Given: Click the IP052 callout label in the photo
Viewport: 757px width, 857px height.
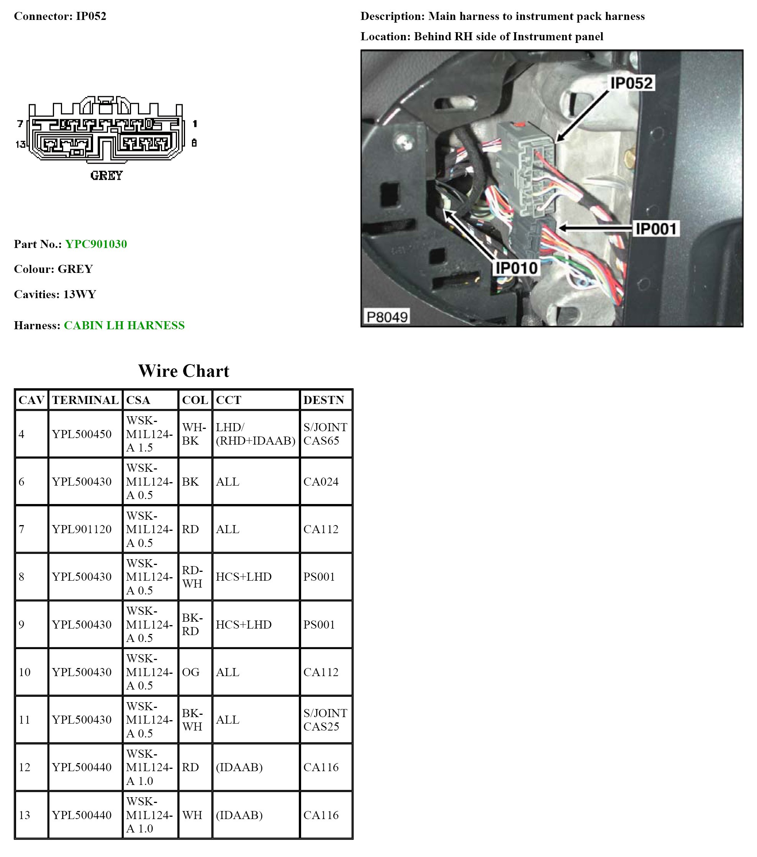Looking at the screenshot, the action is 631,83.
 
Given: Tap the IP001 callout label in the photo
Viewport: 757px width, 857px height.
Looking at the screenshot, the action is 656,229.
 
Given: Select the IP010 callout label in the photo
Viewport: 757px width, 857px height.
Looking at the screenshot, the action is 516,268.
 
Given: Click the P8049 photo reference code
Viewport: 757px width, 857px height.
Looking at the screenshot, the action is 387,317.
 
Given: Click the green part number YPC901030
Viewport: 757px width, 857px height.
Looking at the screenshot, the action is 96,244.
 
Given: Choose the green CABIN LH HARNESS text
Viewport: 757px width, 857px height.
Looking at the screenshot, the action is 124,325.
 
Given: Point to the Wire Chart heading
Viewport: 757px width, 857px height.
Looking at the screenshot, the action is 184,371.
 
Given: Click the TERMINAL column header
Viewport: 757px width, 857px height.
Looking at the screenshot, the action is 85,400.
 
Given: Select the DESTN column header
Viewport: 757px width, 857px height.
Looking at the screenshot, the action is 324,400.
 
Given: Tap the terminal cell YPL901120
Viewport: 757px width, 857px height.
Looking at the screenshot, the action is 82,529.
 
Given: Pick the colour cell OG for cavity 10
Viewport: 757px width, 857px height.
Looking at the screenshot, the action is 191,672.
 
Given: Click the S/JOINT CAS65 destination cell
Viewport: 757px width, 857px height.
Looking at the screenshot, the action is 325,434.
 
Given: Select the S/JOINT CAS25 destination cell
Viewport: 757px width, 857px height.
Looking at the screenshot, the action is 325,720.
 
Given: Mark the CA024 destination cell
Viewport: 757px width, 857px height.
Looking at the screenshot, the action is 321,482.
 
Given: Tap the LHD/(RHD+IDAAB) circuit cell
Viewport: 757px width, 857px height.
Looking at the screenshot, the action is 256,434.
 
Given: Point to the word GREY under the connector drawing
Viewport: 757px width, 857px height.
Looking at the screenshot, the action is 107,176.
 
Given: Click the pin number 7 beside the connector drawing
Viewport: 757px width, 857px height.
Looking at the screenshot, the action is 20,124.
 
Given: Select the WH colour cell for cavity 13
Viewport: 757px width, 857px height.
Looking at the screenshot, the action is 192,815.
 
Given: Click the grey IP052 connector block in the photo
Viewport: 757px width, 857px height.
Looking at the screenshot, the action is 533,168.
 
